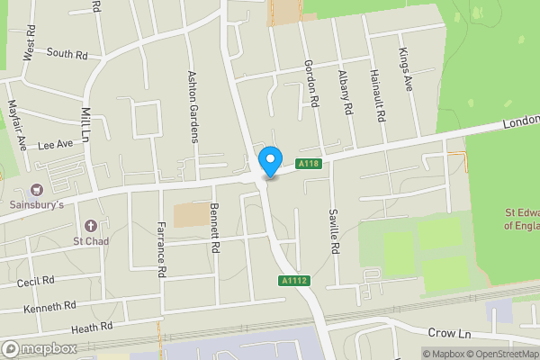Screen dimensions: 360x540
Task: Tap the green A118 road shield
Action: (x=310, y=163)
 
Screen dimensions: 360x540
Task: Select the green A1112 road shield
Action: (x=293, y=282)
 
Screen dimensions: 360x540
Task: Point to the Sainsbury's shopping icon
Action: (x=37, y=190)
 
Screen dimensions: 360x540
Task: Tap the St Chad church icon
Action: (x=90, y=225)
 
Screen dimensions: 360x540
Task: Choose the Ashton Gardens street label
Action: (x=191, y=106)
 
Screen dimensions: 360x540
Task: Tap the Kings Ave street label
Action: (x=405, y=67)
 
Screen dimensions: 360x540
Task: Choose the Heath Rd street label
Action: (x=94, y=326)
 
